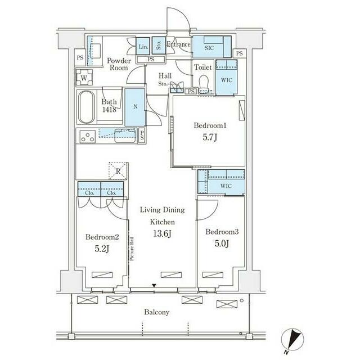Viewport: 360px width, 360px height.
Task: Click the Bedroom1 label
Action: tap(210, 125)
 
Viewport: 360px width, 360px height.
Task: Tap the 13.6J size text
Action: tap(163, 234)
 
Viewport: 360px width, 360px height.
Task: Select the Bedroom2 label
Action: tap(102, 237)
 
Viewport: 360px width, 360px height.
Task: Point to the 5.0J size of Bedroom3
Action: tap(222, 244)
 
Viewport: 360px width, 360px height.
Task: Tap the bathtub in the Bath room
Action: tap(86, 107)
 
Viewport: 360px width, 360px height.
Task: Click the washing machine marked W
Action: tap(84, 78)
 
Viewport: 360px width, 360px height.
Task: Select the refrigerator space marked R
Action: tap(118, 170)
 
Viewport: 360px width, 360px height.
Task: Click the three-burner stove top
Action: tap(88, 137)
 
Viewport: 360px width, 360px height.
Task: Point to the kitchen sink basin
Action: tap(125, 136)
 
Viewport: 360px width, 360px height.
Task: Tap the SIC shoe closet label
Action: tap(209, 48)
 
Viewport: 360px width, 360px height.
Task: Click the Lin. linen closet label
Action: tap(143, 47)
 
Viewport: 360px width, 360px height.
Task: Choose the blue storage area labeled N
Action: tap(135, 107)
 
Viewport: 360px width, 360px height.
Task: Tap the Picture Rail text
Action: tap(132, 249)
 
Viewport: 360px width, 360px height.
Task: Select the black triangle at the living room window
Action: tap(154, 286)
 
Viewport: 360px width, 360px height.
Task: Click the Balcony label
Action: tap(157, 312)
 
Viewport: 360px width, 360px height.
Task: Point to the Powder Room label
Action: tap(119, 64)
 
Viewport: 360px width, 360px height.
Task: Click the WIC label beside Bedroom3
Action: tap(226, 186)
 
